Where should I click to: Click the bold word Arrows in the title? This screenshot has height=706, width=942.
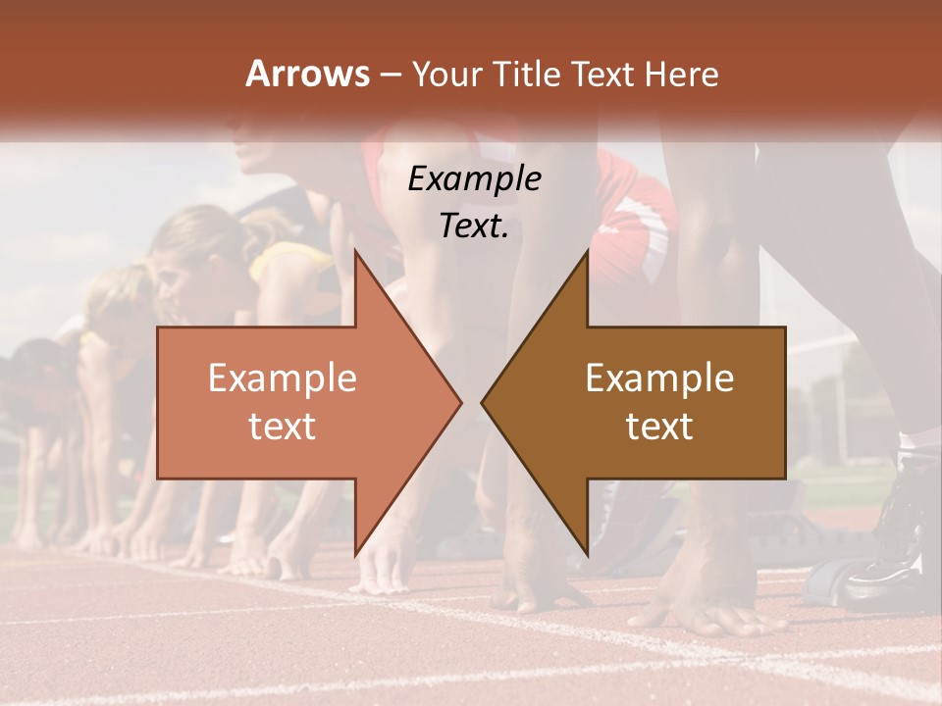coord(308,74)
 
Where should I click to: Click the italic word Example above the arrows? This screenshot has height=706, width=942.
coord(475,178)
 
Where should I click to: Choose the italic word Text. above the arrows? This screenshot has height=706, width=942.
coord(475,226)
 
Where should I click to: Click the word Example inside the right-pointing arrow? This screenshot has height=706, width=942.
coord(283,378)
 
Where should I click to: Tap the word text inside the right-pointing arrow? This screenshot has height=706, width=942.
coord(283,427)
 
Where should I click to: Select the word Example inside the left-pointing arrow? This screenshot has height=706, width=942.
coord(659,378)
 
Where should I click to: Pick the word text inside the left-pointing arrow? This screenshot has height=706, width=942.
coord(659,427)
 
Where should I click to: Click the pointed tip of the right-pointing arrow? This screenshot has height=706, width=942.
coord(460,402)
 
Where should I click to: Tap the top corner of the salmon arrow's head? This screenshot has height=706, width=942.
coord(355,252)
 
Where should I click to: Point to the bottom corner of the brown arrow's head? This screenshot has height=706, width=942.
coord(587,555)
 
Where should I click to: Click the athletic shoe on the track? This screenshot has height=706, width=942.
coord(888,549)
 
